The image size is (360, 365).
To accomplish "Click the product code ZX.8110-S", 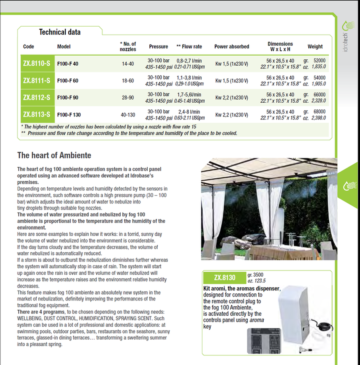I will click(37, 63).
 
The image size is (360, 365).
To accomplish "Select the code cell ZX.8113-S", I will click(37, 115).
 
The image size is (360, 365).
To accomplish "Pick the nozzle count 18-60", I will click(128, 81).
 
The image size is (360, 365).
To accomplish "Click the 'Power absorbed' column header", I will click(231, 47).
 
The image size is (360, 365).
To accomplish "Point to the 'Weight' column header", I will click(315, 47).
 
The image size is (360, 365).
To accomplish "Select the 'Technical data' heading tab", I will click(59, 32).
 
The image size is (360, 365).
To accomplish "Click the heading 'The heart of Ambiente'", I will click(55, 155).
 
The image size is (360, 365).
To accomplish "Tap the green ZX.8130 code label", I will click(224, 277).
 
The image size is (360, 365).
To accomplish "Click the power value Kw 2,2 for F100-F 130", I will click(231, 115).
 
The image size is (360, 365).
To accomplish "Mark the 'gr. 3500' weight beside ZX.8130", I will click(255, 275).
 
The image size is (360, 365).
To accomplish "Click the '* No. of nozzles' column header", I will click(128, 47).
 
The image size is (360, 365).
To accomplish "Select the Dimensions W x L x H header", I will click(280, 47).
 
